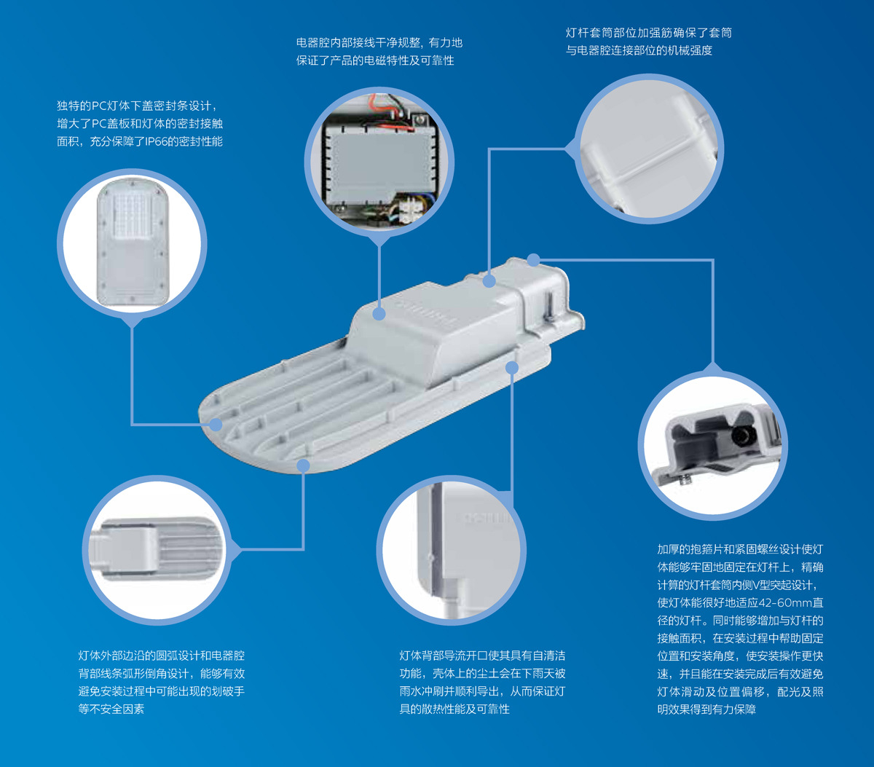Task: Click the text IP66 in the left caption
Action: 156,141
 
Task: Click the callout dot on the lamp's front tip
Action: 216,425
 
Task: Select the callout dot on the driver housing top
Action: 379,314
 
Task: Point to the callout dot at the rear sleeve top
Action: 534,260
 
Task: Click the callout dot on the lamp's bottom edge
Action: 303,465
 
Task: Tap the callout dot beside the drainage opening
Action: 511,368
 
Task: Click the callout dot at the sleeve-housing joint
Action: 489,281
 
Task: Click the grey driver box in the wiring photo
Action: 379,166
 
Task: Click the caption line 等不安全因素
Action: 111,709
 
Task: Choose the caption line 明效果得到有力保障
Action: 706,709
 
